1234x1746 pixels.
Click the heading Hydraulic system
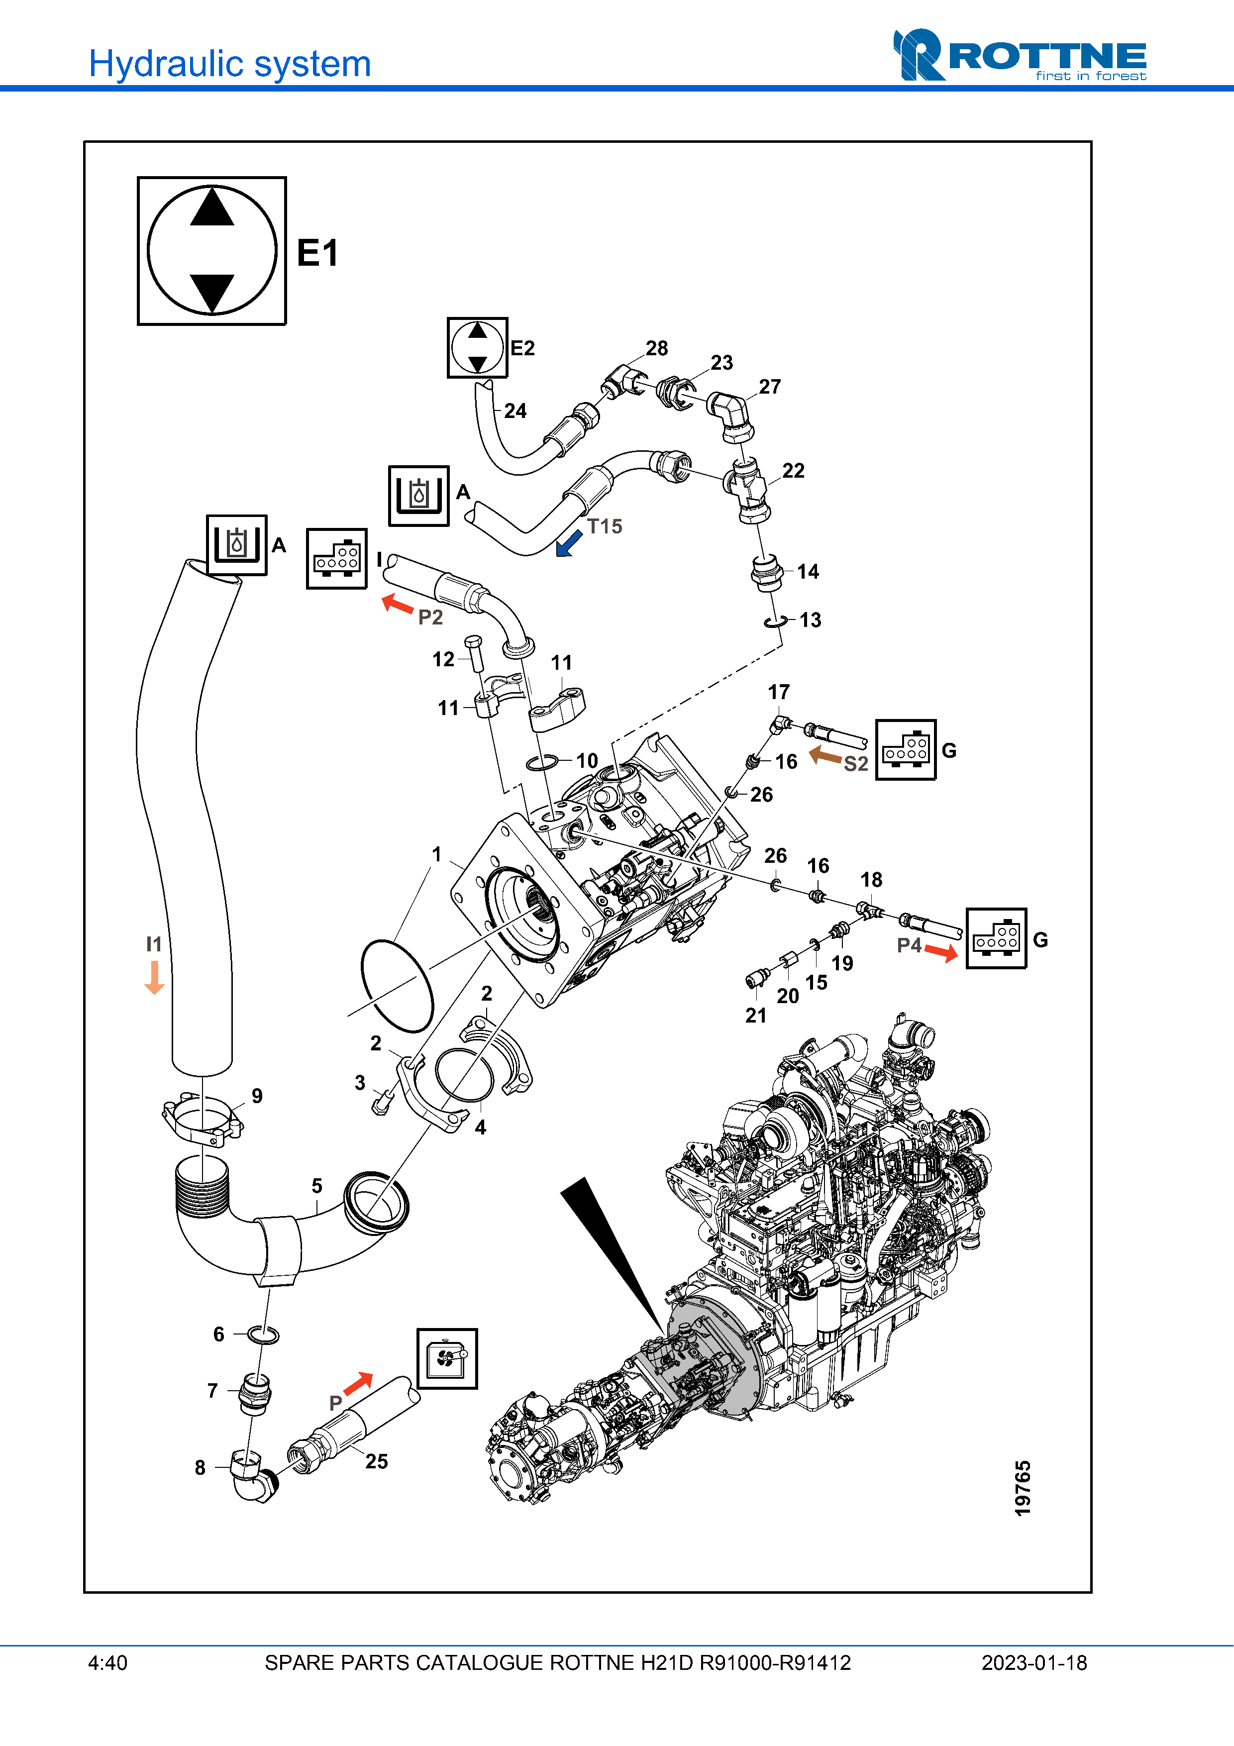pos(229,64)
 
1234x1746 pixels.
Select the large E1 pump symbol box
pos(211,251)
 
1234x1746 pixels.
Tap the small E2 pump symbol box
pos(477,347)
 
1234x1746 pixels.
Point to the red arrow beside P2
pos(397,604)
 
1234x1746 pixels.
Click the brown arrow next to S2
pos(825,755)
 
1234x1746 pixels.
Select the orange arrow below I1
pos(154,977)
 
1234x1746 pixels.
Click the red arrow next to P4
pos(941,952)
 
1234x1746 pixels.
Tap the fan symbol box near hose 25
pos(447,1358)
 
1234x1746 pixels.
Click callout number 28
pos(657,348)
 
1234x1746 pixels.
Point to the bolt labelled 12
pos(474,652)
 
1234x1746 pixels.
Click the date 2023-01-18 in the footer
pos(1033,1663)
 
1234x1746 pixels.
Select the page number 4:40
pos(108,1663)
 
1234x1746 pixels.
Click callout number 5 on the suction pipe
pos(317,1186)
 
